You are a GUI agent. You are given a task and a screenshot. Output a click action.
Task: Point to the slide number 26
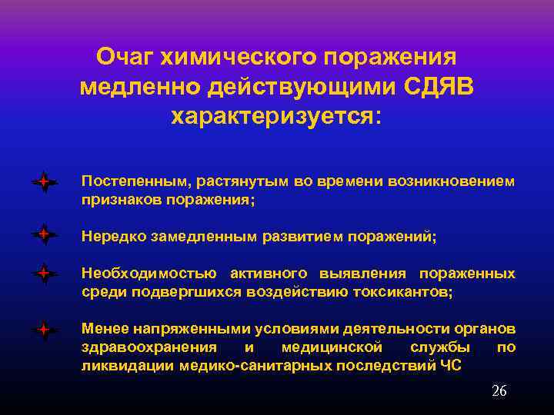[499, 391]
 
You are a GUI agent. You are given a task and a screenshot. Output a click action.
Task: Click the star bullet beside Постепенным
[45, 182]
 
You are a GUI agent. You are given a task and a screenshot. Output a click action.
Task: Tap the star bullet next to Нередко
[45, 233]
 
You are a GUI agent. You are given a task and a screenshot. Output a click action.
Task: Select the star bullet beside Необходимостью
[45, 273]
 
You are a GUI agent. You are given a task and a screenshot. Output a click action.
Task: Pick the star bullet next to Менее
[45, 330]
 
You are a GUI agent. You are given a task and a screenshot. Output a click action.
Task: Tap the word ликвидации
[128, 366]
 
